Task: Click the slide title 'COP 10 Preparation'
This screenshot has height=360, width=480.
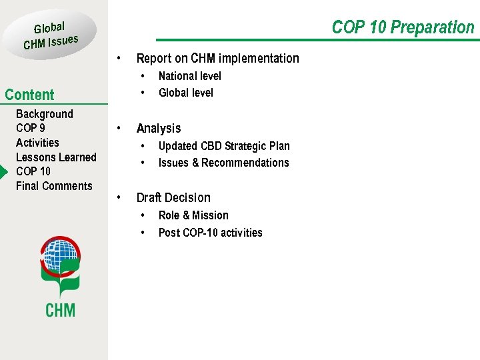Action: click(x=403, y=27)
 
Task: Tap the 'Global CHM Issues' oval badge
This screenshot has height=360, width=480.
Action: click(x=51, y=35)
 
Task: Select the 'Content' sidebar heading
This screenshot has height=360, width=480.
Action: click(x=29, y=95)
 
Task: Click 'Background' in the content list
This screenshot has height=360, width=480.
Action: click(x=45, y=114)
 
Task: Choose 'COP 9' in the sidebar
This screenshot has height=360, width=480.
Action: click(x=31, y=128)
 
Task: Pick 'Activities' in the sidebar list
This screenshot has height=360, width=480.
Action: click(x=37, y=143)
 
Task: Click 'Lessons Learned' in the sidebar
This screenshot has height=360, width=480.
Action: click(x=56, y=157)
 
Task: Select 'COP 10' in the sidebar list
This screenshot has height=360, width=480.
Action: click(x=33, y=171)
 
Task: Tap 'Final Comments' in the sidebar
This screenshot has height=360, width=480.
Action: click(x=54, y=186)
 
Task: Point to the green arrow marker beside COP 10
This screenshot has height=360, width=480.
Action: click(x=3, y=171)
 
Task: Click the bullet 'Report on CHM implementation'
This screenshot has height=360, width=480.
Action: click(x=217, y=59)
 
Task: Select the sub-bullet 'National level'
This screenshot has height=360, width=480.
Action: click(x=189, y=76)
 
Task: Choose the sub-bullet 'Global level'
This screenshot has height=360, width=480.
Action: click(x=185, y=93)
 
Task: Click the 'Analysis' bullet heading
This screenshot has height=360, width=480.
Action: click(x=159, y=128)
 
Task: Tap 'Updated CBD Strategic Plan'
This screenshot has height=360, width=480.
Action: click(x=224, y=146)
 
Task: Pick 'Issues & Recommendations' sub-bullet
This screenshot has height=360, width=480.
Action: click(x=223, y=163)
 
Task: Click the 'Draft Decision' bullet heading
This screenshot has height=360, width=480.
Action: click(x=173, y=197)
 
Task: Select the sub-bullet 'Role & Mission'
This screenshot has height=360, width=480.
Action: click(x=193, y=215)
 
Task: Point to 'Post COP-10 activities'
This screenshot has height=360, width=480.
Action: click(x=210, y=233)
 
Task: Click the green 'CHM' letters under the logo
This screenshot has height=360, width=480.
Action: click(x=60, y=310)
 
